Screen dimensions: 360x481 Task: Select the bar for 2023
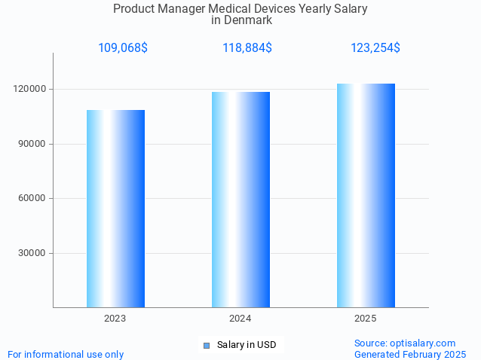click(115, 209)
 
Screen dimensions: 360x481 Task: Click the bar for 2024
click(240, 200)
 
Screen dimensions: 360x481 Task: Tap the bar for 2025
click(366, 195)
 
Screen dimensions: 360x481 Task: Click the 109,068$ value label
click(123, 48)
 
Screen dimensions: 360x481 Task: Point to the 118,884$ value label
click(247, 48)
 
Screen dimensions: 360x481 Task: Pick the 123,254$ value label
click(375, 48)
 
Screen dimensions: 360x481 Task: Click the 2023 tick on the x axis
click(115, 319)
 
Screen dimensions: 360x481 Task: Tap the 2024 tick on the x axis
click(240, 319)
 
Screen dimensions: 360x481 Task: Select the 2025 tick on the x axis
click(366, 319)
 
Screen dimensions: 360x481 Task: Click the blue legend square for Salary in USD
click(206, 346)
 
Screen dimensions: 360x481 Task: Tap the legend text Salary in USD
click(247, 346)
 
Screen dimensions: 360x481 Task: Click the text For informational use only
click(66, 354)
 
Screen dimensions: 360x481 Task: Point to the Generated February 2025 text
click(410, 354)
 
